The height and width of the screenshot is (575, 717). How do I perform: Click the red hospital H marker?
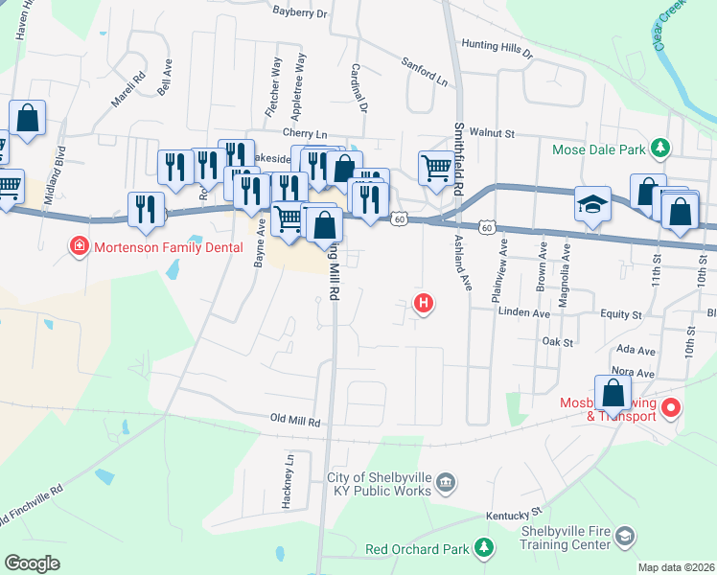423,304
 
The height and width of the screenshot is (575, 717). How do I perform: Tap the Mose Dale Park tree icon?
659,149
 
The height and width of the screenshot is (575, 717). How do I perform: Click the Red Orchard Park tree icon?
484,548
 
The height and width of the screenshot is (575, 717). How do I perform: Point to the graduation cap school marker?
592,205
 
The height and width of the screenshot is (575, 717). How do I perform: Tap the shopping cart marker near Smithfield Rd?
436,169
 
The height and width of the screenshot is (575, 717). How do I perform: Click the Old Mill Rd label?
294,420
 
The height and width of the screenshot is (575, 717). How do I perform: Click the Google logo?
32,563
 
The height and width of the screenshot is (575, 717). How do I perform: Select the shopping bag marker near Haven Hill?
28,119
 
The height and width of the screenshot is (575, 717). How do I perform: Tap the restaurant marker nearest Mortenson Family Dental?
145,210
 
